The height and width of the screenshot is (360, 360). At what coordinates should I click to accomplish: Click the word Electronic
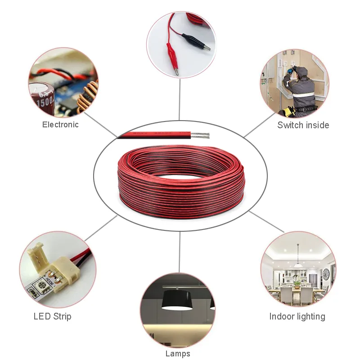click(x=60, y=125)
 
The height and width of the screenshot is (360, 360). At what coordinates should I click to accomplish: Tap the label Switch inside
click(x=303, y=125)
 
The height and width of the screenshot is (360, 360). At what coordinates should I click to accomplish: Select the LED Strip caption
click(x=52, y=316)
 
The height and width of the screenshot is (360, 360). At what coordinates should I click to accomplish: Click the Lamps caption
click(x=178, y=354)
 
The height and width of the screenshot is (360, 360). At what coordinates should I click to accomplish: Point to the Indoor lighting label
click(x=297, y=316)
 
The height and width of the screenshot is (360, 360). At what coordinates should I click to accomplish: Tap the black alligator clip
click(x=196, y=41)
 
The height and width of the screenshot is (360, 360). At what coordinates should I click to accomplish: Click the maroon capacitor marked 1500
click(x=42, y=99)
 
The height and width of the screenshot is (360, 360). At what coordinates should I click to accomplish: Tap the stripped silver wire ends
click(x=200, y=135)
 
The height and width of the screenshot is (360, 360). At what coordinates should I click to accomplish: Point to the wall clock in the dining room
click(x=326, y=274)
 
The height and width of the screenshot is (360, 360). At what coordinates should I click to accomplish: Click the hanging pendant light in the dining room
click(x=298, y=265)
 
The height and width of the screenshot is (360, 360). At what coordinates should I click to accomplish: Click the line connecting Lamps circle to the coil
click(x=180, y=252)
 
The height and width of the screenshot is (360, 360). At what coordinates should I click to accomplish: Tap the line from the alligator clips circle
click(x=180, y=99)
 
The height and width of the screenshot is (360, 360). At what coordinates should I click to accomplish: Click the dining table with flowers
click(x=296, y=291)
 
